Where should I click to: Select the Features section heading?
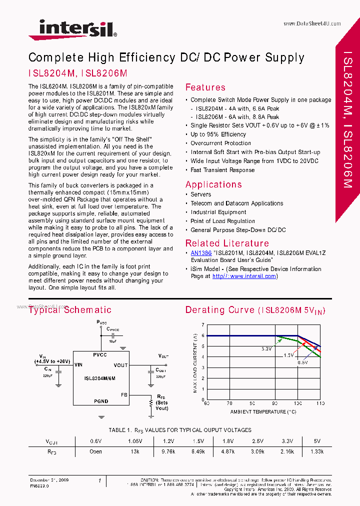pos(205,87)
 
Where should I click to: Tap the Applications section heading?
pos(213,184)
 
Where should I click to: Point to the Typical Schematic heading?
pos(70,310)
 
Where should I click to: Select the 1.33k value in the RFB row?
pos(316,451)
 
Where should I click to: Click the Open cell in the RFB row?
pos(95,451)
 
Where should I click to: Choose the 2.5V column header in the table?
pos(257,441)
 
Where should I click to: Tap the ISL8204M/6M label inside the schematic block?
pos(100,378)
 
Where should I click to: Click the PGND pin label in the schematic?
pos(101,401)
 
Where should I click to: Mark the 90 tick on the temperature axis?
pos(274,403)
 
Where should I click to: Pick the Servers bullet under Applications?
pos(200,194)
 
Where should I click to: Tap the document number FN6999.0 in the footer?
pos(39,485)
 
